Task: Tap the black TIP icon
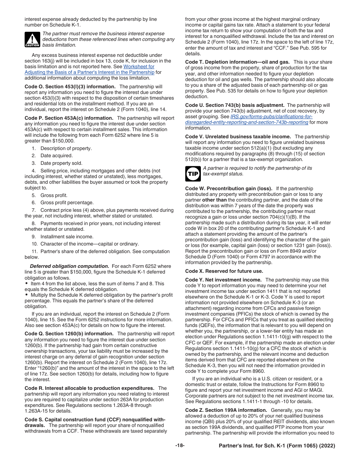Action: [x=193, y=174]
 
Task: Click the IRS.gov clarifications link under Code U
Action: [x=246, y=119]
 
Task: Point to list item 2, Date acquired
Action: [x=56, y=156]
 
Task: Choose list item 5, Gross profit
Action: [x=53, y=195]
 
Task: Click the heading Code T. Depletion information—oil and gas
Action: [x=237, y=62]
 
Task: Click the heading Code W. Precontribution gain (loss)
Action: [x=229, y=189]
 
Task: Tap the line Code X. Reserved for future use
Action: [x=224, y=271]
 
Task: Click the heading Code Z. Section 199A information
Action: [x=226, y=410]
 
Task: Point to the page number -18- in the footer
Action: [x=180, y=446]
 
